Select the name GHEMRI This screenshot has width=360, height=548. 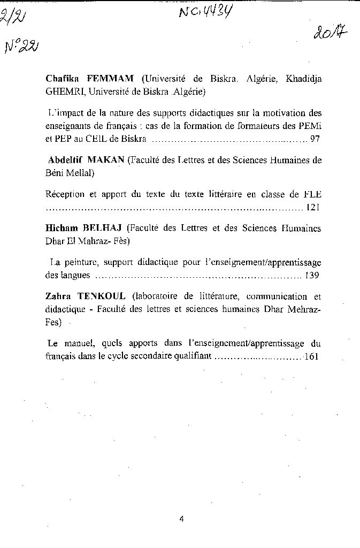[x=65, y=92]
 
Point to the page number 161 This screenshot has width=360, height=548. [x=311, y=356]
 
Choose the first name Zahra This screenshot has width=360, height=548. [x=58, y=296]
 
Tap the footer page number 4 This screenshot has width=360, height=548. [x=182, y=518]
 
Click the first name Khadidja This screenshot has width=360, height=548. [x=304, y=79]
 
